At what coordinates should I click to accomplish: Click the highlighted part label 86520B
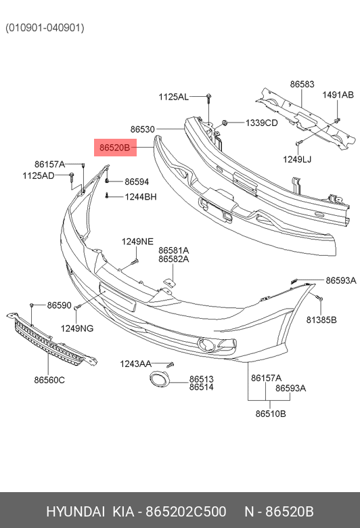click(115, 148)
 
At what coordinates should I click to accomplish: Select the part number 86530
click(143, 129)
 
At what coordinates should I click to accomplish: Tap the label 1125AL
click(173, 97)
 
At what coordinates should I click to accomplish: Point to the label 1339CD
click(262, 123)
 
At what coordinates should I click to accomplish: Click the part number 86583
click(302, 84)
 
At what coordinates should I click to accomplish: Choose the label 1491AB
click(338, 95)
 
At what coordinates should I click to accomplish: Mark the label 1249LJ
click(297, 159)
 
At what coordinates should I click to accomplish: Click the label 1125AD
click(39, 176)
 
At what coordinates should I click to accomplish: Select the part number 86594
click(137, 182)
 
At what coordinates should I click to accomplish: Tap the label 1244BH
click(141, 197)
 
